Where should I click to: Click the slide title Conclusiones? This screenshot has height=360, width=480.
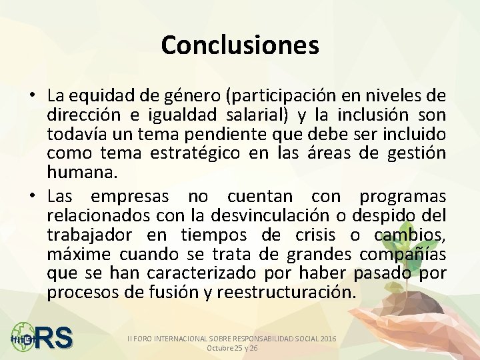(240, 45)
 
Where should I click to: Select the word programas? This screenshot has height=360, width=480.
(403, 197)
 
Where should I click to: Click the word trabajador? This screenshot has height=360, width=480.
(88, 235)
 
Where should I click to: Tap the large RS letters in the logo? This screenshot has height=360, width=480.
(54, 338)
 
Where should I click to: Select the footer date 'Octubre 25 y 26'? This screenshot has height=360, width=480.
(233, 348)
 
